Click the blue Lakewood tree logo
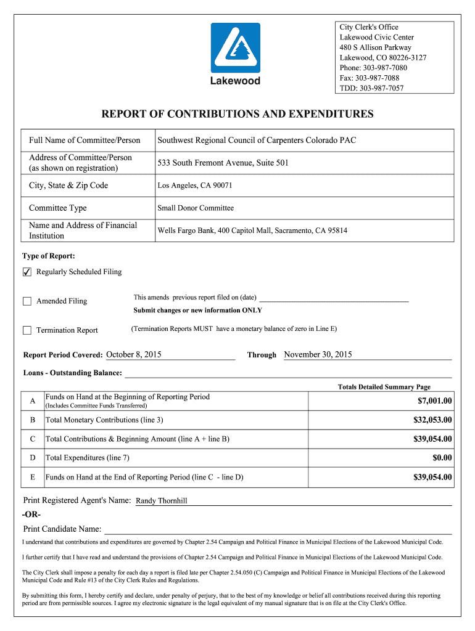[x=236, y=48]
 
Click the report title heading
[x=238, y=114]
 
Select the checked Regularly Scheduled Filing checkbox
[x=27, y=272]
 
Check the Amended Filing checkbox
[x=27, y=301]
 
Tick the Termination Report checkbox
[x=27, y=330]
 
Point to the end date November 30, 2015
[x=318, y=355]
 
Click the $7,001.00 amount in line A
[x=434, y=401]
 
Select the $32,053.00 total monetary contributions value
[x=432, y=420]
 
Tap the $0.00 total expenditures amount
[x=442, y=458]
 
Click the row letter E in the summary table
[x=32, y=478]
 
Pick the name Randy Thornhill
[x=161, y=501]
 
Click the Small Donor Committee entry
[x=196, y=208]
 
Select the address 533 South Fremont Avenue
[x=223, y=163]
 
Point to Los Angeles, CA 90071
[x=195, y=185]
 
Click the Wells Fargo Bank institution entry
[x=252, y=230]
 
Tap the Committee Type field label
[x=58, y=208]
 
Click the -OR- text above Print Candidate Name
[x=32, y=515]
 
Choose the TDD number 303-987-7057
[x=371, y=88]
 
